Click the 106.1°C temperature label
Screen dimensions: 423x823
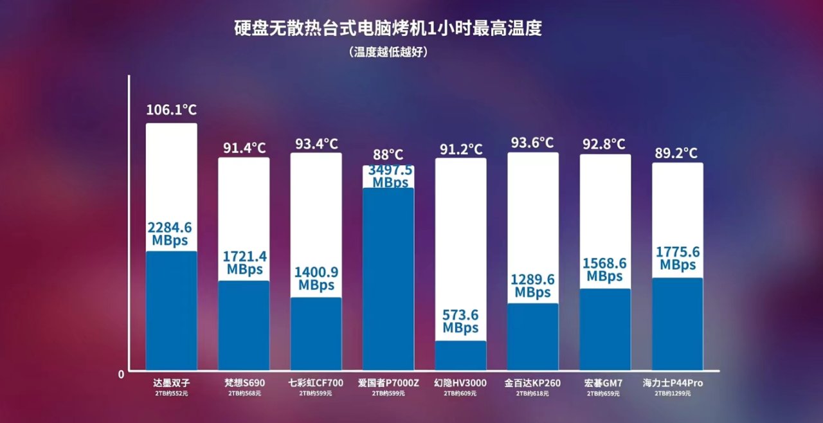pos(171,110)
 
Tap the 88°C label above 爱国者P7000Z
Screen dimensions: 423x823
pos(388,155)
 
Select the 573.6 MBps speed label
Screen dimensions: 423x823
pos(460,321)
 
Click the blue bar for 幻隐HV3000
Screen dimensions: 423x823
pos(460,355)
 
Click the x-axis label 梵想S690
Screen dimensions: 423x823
pos(244,383)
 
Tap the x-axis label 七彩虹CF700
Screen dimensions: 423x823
pos(316,383)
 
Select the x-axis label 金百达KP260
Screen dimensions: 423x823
pos(532,383)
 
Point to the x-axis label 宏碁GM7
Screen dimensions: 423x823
pos(604,383)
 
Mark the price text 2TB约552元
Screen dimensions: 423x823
pos(171,393)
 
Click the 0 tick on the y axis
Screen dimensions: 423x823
pos(121,373)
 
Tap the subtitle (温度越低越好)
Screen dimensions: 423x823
pos(388,52)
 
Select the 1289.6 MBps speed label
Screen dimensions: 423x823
pos(532,286)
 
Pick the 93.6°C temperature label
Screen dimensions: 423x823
pos(532,143)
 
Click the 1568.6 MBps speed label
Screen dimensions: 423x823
pos(604,270)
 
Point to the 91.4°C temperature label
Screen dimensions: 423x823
pos(244,148)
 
